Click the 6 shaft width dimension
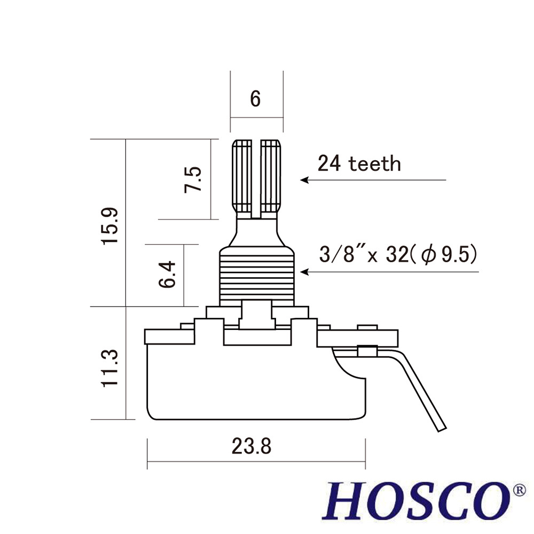(255, 99)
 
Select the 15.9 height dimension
(110, 226)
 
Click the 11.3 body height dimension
(110, 369)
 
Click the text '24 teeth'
(359, 163)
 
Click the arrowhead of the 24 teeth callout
(304, 180)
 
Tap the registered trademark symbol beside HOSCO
(519, 489)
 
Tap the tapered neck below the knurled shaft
(256, 232)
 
